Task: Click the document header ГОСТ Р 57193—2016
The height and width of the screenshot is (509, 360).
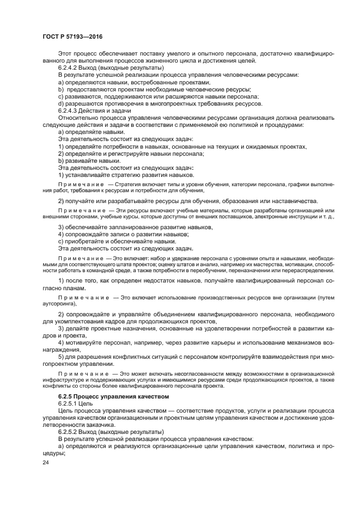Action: coord(72,36)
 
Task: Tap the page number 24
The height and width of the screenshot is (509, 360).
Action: coord(45,462)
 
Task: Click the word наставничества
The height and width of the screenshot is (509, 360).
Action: coord(299,201)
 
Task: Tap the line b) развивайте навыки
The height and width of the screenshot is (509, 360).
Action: coord(89,160)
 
